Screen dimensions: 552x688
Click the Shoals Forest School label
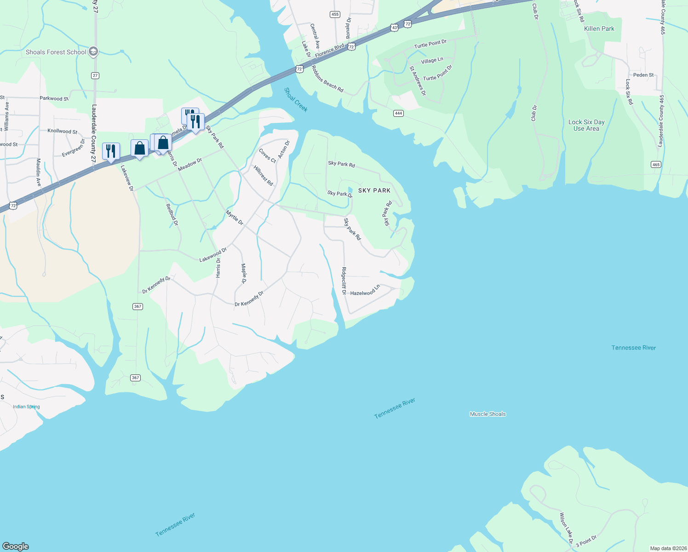coord(56,52)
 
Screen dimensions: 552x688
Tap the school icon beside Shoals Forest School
coord(93,52)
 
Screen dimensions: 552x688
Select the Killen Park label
coord(599,29)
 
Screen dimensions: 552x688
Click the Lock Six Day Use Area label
coord(586,125)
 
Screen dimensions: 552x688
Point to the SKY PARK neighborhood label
coord(374,190)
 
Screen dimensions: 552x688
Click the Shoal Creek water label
coord(296,100)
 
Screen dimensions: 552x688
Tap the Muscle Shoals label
coord(487,414)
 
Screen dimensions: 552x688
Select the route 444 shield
coord(398,113)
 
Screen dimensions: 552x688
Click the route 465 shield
coord(655,164)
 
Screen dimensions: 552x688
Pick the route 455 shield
coord(335,14)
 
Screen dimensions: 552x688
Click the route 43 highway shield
coord(394,28)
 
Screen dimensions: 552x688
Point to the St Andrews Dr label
coord(418,81)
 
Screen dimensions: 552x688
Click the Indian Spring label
coord(26,407)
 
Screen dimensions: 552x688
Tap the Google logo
coord(16,546)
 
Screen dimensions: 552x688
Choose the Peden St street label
coord(643,75)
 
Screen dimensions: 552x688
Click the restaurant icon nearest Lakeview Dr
coord(111,151)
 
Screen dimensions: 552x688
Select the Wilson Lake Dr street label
coord(566,528)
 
